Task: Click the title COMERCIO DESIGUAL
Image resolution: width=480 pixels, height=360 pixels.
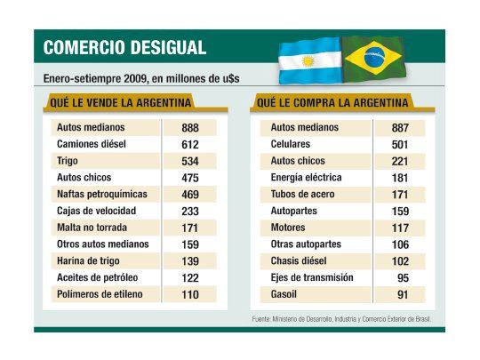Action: (x=124, y=47)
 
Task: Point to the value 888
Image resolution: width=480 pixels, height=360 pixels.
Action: (x=189, y=128)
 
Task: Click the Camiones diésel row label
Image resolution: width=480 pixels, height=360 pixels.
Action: (x=92, y=144)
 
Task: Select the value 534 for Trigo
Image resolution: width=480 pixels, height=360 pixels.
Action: (x=189, y=161)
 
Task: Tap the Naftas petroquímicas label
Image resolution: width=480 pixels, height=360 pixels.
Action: (x=101, y=194)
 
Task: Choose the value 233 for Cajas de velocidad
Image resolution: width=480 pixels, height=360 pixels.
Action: (x=189, y=211)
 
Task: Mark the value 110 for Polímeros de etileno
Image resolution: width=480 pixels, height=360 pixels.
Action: (x=189, y=294)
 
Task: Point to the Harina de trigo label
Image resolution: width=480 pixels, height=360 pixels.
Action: (x=91, y=260)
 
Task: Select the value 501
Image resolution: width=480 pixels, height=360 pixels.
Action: (x=400, y=145)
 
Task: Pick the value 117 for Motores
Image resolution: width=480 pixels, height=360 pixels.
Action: (x=400, y=228)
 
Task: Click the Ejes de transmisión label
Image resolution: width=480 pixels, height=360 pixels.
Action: (x=312, y=277)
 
